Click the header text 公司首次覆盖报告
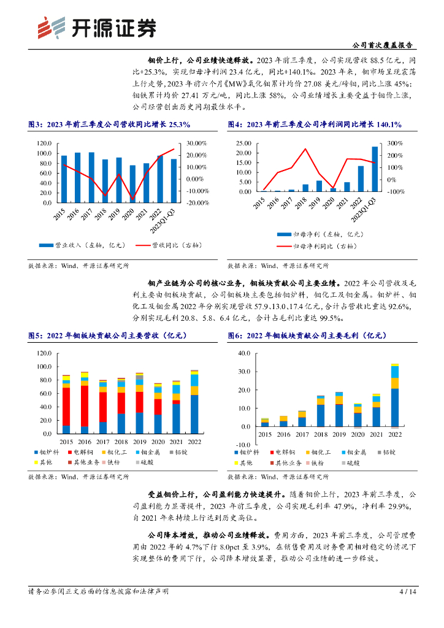pyautogui.click(x=384, y=45)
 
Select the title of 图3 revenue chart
pyautogui.click(x=109, y=124)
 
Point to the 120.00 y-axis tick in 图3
pyautogui.click(x=42, y=143)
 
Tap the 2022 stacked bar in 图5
pyautogui.click(x=194, y=398)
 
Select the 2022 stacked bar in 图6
pyautogui.click(x=394, y=396)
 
